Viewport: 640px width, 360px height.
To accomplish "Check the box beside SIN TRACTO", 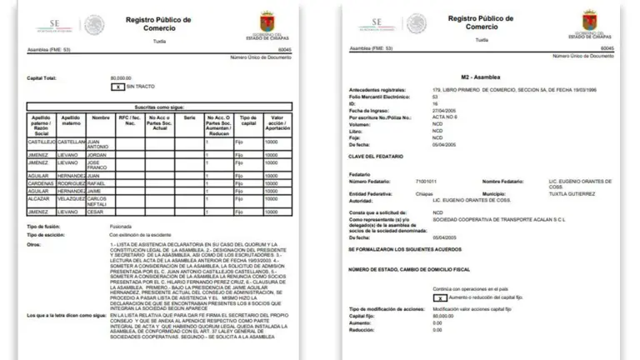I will [x=119, y=87].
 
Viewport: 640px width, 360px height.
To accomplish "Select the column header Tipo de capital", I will [x=247, y=123].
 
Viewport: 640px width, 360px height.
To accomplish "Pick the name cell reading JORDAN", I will [x=97, y=154].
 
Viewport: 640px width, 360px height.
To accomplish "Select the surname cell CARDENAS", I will [x=42, y=184].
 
